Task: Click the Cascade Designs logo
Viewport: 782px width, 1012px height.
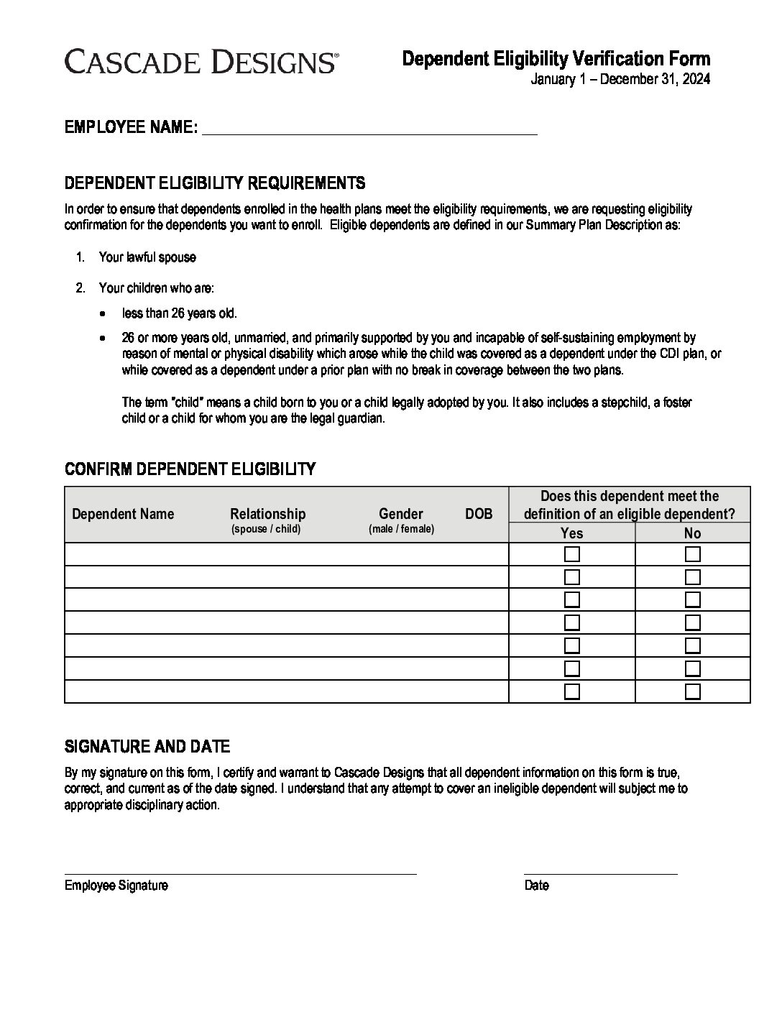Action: (x=201, y=62)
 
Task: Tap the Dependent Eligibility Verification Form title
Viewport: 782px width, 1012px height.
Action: (x=556, y=59)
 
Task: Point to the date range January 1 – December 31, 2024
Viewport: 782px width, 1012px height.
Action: (x=620, y=80)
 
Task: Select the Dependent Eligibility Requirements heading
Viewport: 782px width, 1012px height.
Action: (x=215, y=183)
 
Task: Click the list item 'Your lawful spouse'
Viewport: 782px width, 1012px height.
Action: (x=147, y=257)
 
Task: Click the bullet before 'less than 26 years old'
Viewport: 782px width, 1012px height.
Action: (x=106, y=314)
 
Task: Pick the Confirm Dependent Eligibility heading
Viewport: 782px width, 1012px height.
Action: (x=190, y=469)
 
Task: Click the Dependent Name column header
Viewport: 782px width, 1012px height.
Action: (x=123, y=514)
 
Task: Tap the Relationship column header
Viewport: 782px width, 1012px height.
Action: (x=267, y=514)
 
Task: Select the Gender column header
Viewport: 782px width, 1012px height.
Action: (x=400, y=514)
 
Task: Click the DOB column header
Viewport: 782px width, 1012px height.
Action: (x=479, y=514)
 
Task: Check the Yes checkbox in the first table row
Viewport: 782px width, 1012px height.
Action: (x=572, y=554)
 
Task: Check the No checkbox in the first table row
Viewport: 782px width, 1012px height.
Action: (x=693, y=554)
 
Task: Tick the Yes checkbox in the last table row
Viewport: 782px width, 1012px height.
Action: (x=572, y=691)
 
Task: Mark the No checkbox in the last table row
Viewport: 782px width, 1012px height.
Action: (x=693, y=691)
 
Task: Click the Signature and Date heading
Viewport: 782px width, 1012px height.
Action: (x=147, y=747)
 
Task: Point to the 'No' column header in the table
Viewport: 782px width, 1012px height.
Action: (x=692, y=533)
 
